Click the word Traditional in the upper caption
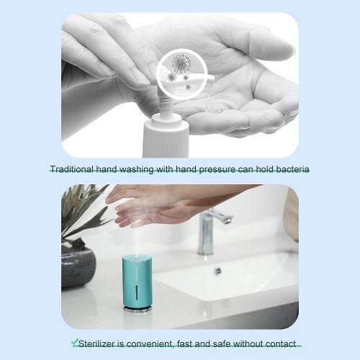tap(72, 169)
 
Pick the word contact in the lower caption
tap(281, 343)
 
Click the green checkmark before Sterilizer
tap(75, 342)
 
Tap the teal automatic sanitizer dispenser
tap(137, 284)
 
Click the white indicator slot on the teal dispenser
tap(137, 292)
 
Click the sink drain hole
tap(217, 270)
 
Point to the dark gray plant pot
tap(78, 268)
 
